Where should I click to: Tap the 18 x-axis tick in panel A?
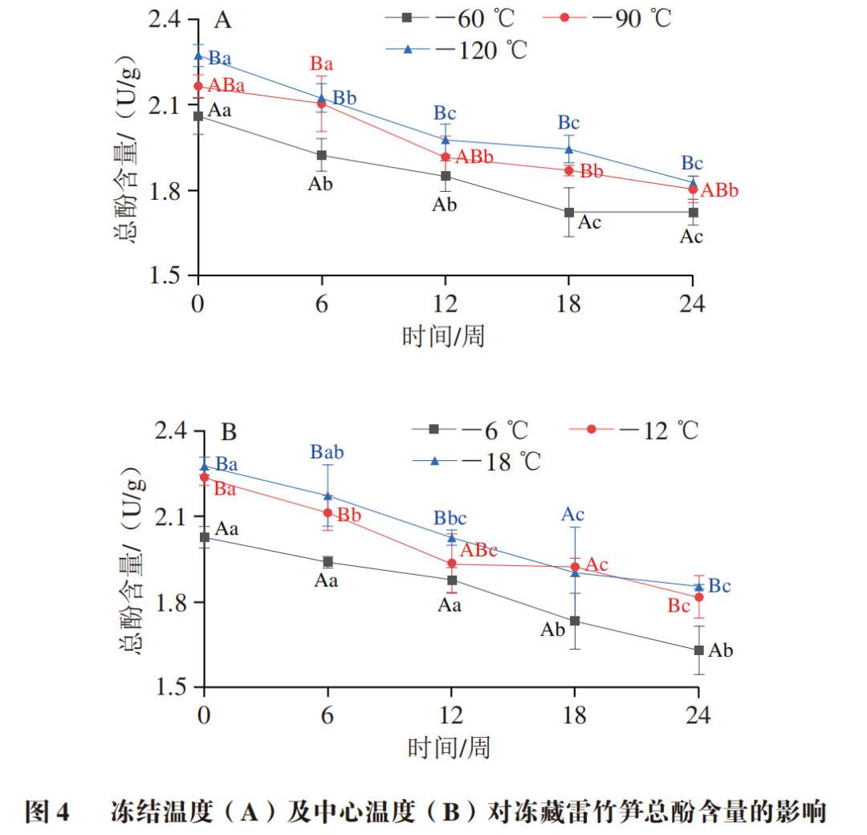pos(568,304)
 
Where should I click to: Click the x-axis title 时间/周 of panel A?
pos(443,335)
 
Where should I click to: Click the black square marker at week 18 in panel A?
pos(569,212)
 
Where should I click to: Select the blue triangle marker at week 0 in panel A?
pos(198,55)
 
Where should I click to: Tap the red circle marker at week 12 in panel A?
pos(446,157)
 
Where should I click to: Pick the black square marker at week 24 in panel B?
pos(698,650)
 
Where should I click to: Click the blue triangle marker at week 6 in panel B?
pos(328,495)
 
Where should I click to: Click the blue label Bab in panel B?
pos(327,453)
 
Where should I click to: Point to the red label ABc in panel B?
pos(478,550)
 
